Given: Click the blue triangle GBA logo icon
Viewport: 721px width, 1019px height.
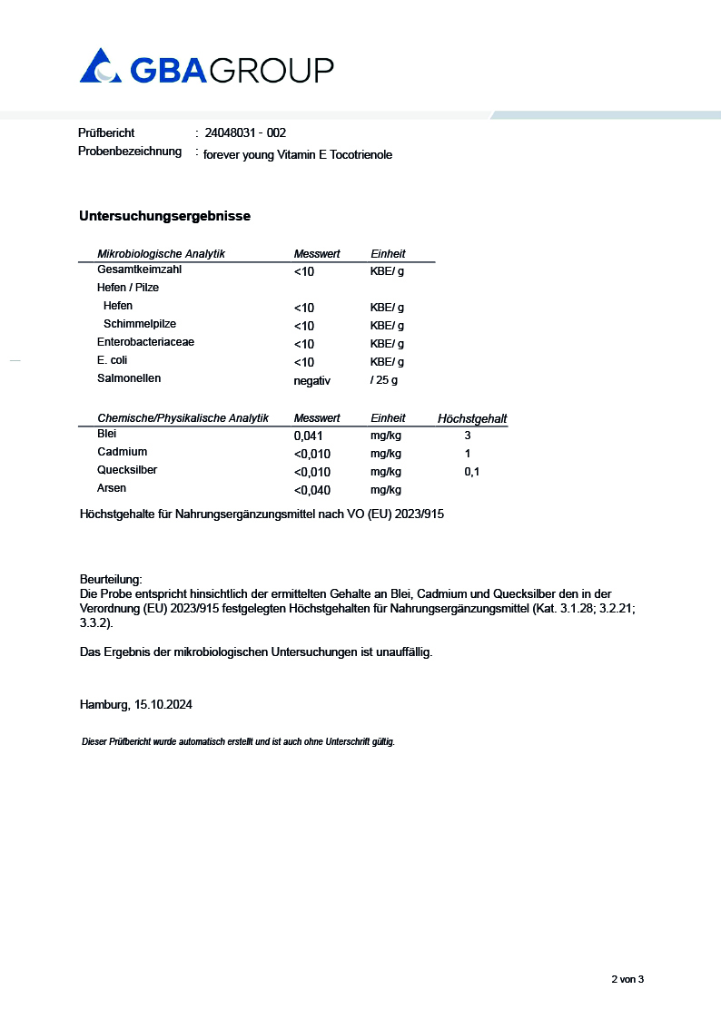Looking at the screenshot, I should click(100, 66).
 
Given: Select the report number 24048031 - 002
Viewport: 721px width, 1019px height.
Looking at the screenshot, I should click(245, 133).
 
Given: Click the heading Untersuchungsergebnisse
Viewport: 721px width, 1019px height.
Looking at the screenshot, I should click(164, 216).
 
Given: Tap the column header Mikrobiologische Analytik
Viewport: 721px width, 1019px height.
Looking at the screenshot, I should click(161, 254).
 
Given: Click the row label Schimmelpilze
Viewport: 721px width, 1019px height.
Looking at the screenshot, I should click(140, 324).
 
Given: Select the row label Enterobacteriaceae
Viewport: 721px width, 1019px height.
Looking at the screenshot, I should click(145, 342).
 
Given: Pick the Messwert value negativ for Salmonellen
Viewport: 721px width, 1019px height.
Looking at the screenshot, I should click(312, 380).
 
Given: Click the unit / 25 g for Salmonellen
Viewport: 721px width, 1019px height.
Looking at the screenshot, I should click(384, 380).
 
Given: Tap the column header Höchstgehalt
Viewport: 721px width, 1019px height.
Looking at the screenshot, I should click(472, 419).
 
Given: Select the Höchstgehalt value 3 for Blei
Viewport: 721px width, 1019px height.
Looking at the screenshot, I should click(468, 436).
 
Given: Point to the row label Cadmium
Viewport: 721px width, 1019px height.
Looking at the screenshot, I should click(122, 452).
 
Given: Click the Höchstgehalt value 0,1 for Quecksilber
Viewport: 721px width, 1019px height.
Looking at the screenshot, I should click(471, 472).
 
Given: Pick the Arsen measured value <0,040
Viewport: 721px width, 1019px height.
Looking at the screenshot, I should click(312, 490).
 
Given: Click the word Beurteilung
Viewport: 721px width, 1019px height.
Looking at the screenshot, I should click(111, 579).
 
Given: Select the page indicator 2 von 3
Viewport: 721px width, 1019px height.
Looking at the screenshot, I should click(627, 979).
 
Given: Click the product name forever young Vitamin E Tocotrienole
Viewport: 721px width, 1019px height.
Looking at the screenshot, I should click(298, 155).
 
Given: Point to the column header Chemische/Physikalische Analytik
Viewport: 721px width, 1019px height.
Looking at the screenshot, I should click(183, 418).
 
